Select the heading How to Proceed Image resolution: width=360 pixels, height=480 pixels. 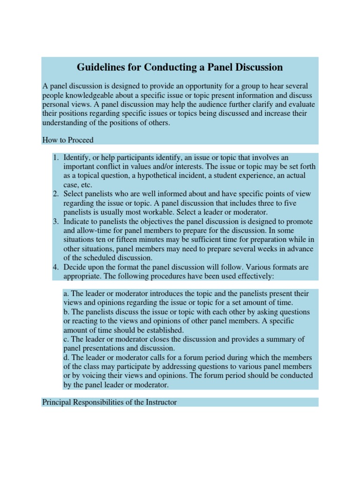point(67,140)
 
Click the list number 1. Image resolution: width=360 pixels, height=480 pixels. point(55,157)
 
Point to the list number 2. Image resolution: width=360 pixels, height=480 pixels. point(55,194)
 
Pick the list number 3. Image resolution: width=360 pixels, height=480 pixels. point(55,222)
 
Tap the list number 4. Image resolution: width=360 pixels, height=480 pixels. point(55,268)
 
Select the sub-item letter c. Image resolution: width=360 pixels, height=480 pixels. point(65,339)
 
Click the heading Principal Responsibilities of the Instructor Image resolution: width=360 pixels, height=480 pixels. point(109,402)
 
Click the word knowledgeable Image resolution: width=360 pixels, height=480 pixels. point(88,96)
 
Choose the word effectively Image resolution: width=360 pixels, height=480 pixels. point(254,277)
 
